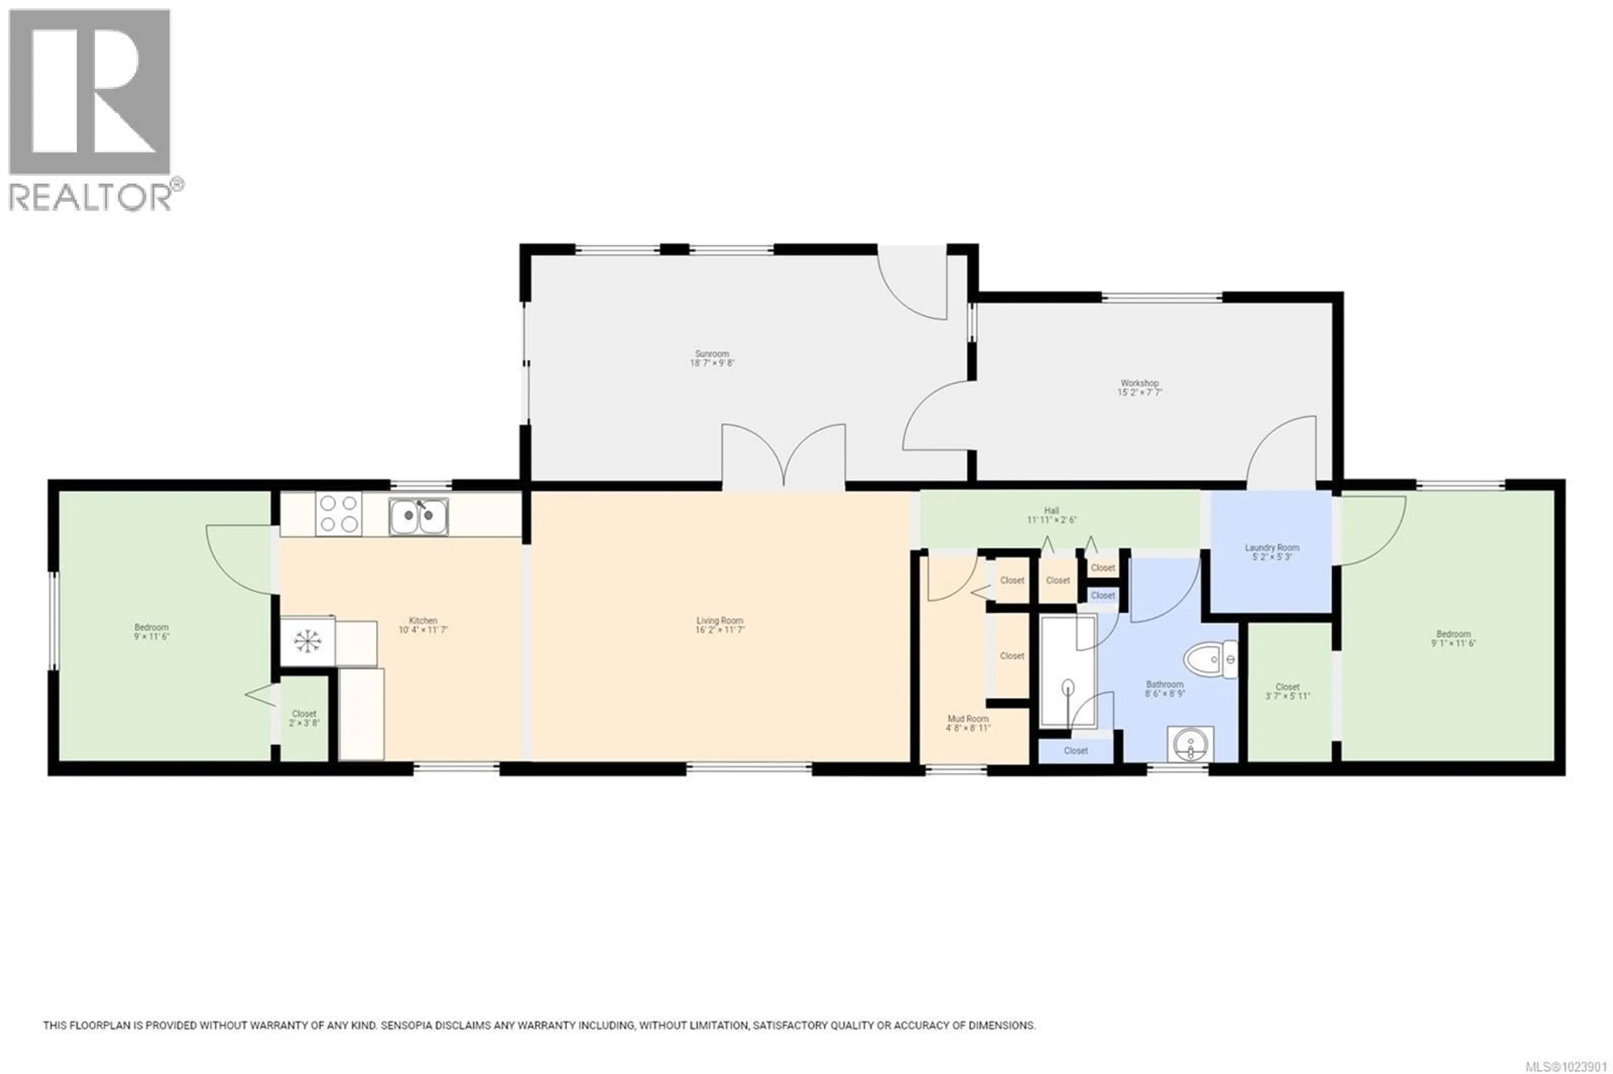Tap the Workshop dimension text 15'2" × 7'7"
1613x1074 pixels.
(x=1140, y=393)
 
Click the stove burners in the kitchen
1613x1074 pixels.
(x=339, y=514)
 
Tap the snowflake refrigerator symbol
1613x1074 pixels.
(x=307, y=641)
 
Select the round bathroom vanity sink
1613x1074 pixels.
(x=1190, y=744)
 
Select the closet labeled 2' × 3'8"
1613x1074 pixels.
(x=304, y=718)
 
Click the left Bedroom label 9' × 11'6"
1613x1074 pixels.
(x=152, y=631)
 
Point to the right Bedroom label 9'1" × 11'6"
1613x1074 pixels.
(x=1453, y=638)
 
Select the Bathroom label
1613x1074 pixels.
(x=1164, y=684)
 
